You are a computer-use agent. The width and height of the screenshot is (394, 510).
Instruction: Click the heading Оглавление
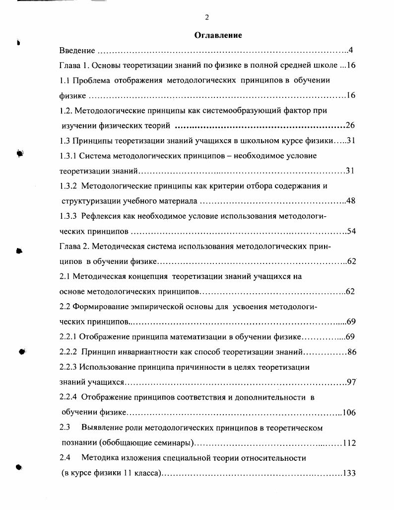(x=218, y=35)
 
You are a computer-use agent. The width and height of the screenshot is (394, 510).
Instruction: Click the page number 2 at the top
(x=206, y=17)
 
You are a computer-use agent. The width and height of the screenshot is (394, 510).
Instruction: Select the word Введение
(x=77, y=50)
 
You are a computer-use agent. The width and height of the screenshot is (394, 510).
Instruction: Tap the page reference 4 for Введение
(x=350, y=50)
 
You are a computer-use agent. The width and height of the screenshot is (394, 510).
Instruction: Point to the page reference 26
(x=350, y=125)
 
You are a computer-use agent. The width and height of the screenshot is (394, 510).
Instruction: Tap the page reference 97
(x=351, y=382)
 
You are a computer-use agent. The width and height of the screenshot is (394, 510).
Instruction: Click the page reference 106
(x=349, y=413)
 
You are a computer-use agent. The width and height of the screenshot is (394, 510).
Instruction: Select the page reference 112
(x=349, y=443)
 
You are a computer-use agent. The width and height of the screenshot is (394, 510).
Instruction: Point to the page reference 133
(x=349, y=473)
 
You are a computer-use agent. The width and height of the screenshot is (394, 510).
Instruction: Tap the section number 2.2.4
(x=68, y=397)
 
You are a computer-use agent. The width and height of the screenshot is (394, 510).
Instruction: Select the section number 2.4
(x=65, y=458)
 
